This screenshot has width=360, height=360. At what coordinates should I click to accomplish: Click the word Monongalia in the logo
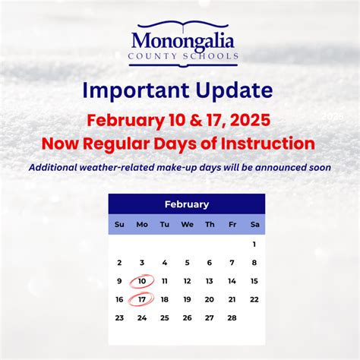[x=183, y=39]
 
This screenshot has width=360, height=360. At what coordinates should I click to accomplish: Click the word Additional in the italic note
[x=58, y=167]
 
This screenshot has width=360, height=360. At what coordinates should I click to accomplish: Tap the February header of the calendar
[x=187, y=204]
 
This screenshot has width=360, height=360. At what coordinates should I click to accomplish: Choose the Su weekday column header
[x=119, y=224]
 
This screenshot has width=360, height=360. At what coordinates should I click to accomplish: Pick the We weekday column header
[x=187, y=224]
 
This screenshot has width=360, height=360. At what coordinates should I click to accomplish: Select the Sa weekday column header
[x=254, y=224]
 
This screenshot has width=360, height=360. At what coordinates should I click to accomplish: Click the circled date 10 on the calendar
[x=142, y=281]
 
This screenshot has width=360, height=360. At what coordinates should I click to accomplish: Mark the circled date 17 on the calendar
[x=142, y=299]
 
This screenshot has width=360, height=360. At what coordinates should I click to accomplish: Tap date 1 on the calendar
[x=254, y=244]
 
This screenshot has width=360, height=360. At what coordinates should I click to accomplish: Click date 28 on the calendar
[x=232, y=317]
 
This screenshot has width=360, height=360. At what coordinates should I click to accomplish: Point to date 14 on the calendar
[x=232, y=281]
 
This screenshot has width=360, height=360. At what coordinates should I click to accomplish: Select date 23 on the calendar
[x=119, y=317]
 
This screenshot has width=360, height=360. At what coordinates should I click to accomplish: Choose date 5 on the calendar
[x=187, y=263]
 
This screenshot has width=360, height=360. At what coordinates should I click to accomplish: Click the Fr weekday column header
[x=232, y=224]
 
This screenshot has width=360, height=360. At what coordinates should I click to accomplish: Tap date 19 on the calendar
[x=187, y=299]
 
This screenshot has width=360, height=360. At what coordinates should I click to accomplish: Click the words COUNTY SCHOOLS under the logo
[x=184, y=55]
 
